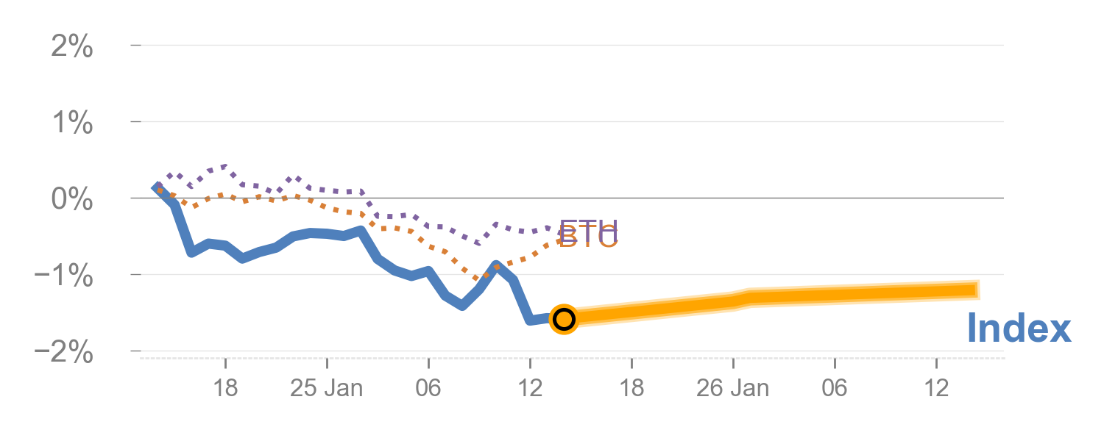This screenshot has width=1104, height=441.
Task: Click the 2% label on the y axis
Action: pos(72,48)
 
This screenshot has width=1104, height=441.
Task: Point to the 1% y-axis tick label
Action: pos(72,123)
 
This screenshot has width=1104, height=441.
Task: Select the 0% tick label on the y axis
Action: pos(72,200)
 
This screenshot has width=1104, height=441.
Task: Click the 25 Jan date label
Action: pos(327,387)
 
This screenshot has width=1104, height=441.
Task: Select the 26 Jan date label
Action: pos(733,387)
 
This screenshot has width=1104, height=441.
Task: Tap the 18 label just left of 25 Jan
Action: pos(225,387)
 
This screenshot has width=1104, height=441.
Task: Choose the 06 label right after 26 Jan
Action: pos(835,387)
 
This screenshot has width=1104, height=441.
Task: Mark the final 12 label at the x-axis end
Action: pos(935,387)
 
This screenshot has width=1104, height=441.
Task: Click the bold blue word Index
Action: pos(1019,329)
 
